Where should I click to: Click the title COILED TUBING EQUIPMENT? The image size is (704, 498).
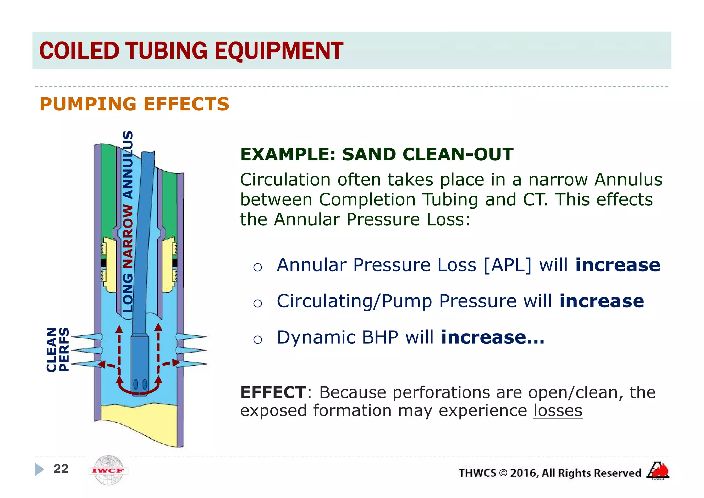coord(191,51)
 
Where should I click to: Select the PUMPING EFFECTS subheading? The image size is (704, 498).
coord(134,104)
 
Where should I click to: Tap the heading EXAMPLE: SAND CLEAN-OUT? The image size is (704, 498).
coord(376,154)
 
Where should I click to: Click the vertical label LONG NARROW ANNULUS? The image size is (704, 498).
coord(128,222)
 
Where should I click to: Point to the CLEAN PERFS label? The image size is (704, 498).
coord(58,349)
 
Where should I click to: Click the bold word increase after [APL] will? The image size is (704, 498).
coord(618,265)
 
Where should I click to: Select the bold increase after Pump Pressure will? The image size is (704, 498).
coord(602,301)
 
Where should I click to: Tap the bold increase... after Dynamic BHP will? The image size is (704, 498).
coord(493,337)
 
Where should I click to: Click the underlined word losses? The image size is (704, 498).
coord(558,411)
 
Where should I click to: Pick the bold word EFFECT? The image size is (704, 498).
coord(273,392)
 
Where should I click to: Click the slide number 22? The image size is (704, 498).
coord(61,468)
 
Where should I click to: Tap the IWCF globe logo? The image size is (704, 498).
coord(109,470)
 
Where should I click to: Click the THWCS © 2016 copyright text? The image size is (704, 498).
coord(550,473)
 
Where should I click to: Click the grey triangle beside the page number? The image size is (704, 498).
coord(39,469)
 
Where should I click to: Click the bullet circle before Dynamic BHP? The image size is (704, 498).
coord(257,339)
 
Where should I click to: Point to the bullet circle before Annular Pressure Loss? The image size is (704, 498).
coord(257,267)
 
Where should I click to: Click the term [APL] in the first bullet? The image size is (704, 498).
coord(507,265)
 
